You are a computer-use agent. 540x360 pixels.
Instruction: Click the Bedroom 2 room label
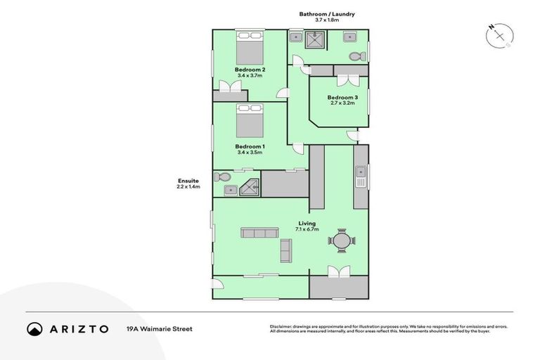(x=250, y=70)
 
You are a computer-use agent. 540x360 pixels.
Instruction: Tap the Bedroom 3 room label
(x=342, y=97)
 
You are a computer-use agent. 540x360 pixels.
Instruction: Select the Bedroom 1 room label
(x=250, y=146)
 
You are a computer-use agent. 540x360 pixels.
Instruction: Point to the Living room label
(x=306, y=224)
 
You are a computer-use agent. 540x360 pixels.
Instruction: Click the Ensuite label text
(x=188, y=181)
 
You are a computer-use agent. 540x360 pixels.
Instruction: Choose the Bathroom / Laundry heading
(x=327, y=13)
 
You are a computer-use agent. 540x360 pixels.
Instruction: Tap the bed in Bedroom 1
(x=249, y=122)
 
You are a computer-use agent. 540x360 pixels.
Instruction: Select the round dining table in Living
(x=342, y=241)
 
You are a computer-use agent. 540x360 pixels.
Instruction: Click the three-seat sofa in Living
(x=259, y=233)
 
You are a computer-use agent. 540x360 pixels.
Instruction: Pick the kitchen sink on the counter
(x=361, y=173)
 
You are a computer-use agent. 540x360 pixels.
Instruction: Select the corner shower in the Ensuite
(x=251, y=187)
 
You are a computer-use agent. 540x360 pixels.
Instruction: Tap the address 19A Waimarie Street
(x=159, y=328)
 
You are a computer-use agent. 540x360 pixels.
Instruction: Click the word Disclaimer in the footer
(x=283, y=326)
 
